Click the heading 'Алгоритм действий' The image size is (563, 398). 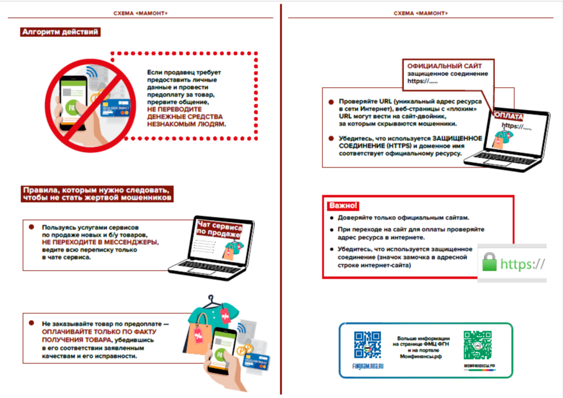click(59, 32)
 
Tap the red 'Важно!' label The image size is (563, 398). click(343, 206)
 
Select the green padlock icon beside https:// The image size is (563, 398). click(489, 263)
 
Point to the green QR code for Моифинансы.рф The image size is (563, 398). click(479, 345)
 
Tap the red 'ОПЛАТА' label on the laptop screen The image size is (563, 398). click(509, 116)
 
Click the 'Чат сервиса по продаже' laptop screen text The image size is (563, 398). click(218, 228)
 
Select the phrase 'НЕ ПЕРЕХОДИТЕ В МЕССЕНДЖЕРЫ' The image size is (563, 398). click(100, 243)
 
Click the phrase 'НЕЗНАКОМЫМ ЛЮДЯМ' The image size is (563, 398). click(186, 124)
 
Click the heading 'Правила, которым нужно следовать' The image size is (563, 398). click(96, 189)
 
